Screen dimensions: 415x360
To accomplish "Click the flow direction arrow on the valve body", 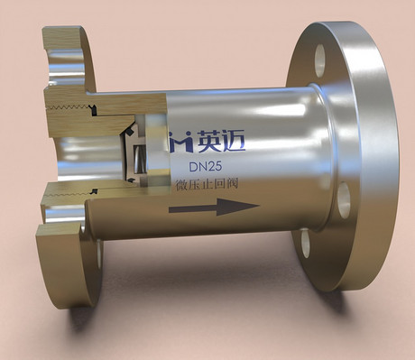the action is pos(214,207).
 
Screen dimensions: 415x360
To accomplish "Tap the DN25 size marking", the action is pos(206,167).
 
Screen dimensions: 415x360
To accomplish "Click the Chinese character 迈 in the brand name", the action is pos(234,141).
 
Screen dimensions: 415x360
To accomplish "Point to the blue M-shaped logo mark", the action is pos(180,142).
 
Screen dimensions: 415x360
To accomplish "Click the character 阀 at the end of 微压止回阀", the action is pos(232,183).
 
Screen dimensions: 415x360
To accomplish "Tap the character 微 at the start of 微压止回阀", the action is pos(182,184).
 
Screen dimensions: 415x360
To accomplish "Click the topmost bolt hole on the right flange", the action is pos(319,60).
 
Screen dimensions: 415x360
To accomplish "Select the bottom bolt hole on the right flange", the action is pos(306,243).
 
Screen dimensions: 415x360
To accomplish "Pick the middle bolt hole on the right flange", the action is pos(344,200).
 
